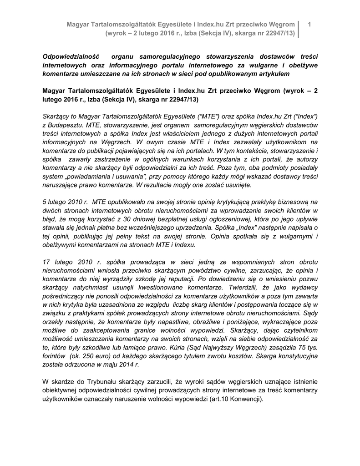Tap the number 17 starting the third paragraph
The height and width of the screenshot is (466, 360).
46,262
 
